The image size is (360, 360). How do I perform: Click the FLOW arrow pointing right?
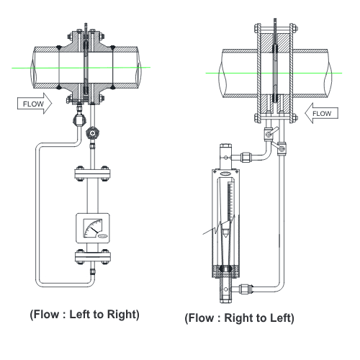35,104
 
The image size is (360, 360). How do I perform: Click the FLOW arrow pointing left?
322,113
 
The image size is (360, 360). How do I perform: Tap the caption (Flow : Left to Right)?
84,315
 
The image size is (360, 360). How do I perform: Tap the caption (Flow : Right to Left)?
239,318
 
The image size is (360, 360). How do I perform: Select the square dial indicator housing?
93,228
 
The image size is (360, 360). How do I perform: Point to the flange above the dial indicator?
92,174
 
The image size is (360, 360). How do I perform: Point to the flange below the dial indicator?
93,257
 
